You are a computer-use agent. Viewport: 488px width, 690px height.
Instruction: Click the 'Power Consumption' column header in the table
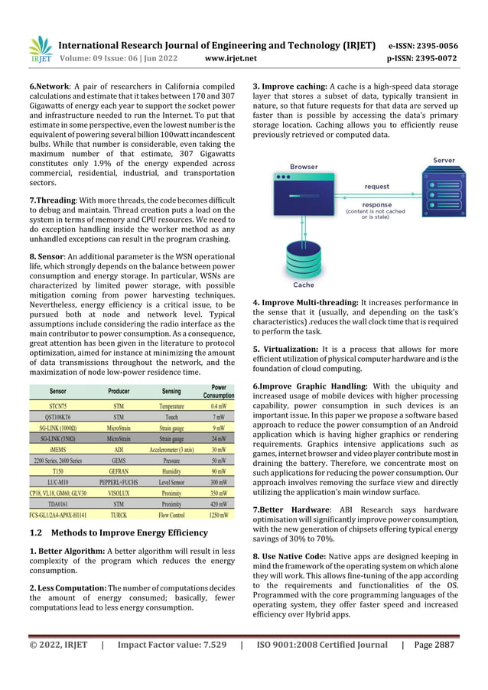coord(219,392)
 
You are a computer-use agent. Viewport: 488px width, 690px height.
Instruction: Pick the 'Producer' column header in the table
coord(119,391)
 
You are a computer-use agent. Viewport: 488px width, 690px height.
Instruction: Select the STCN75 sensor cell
coord(58,406)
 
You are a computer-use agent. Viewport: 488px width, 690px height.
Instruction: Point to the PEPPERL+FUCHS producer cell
coord(119,483)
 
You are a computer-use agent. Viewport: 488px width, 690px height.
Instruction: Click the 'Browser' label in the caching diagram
coord(304,167)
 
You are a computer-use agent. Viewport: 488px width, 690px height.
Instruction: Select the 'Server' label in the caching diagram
coord(444,161)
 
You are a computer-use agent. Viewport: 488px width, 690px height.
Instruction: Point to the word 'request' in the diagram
coord(376,186)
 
